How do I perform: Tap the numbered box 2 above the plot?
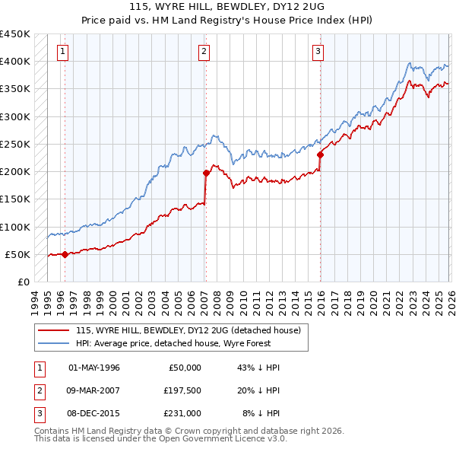(204, 52)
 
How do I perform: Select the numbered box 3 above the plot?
(317, 52)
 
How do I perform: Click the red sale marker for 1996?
(65, 255)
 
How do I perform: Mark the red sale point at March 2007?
(206, 174)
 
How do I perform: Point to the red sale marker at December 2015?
(320, 155)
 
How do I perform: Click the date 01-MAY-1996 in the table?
(94, 368)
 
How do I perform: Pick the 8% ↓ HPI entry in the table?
(261, 413)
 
